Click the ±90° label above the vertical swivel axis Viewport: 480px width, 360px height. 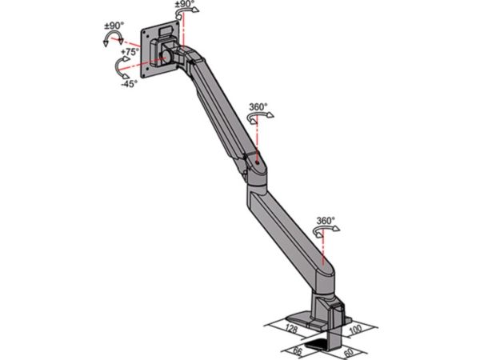click(185, 4)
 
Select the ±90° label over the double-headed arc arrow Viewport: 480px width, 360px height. click(114, 26)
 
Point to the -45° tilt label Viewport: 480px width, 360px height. click(129, 83)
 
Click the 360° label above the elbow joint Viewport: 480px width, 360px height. click(258, 107)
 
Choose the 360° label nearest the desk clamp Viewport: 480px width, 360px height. click(326, 221)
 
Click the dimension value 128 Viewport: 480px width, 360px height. click(291, 329)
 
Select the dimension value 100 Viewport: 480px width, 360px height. click(356, 330)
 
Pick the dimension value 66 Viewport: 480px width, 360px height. click(298, 351)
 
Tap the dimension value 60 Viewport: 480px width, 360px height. click(349, 353)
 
